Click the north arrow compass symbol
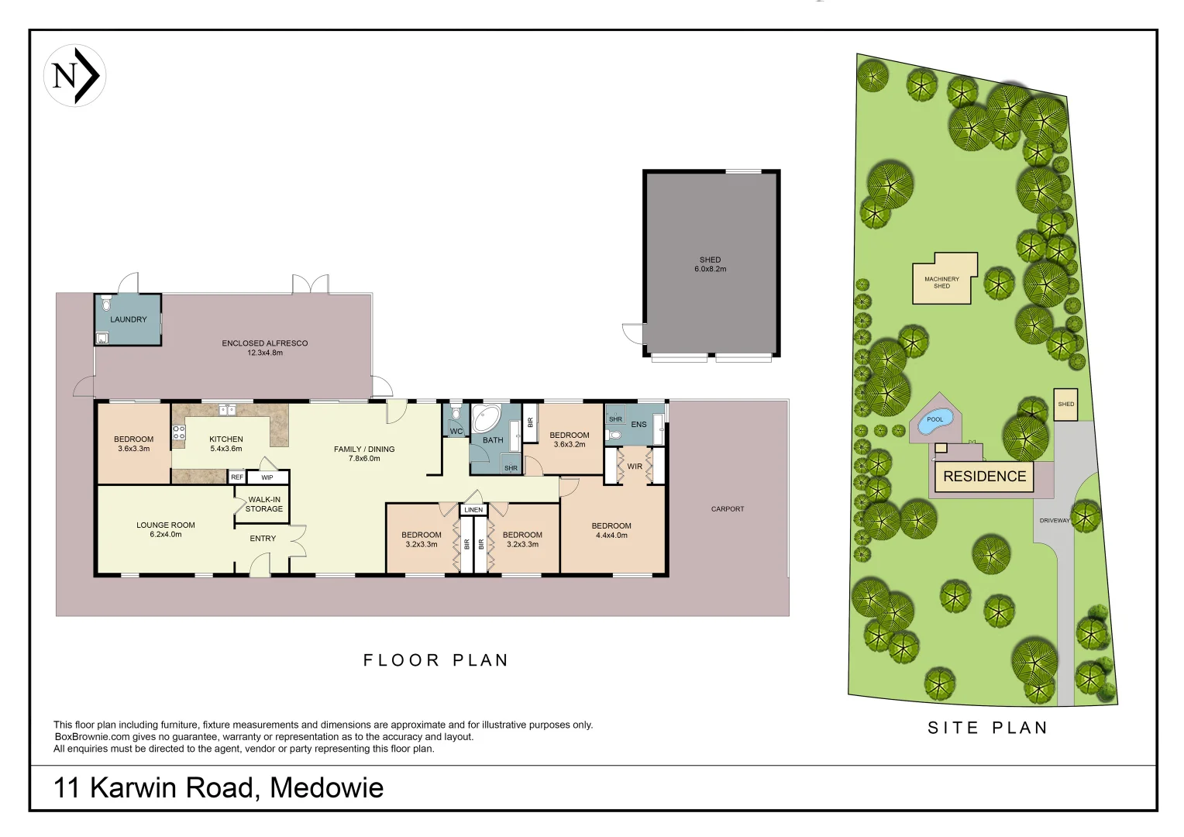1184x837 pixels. click(74, 75)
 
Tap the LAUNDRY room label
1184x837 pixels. click(128, 319)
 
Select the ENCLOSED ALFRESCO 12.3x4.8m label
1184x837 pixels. click(265, 347)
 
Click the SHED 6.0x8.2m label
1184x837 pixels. click(710, 264)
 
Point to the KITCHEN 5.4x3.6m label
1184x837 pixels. click(226, 443)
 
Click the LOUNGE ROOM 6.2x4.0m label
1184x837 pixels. click(166, 529)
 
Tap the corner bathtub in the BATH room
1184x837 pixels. click(487, 418)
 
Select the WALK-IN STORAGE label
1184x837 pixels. click(264, 505)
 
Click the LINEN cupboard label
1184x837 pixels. click(473, 510)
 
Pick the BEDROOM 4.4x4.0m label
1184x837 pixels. click(611, 530)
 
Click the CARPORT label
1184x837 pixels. click(727, 509)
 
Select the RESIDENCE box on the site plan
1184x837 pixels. click(984, 477)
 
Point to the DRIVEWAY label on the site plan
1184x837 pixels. click(1054, 521)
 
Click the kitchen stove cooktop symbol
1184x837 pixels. click(179, 432)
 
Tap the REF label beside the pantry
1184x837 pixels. click(237, 477)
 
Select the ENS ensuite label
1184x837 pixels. click(638, 425)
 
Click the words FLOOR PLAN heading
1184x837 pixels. click(435, 660)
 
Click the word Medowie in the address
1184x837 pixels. click(326, 788)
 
